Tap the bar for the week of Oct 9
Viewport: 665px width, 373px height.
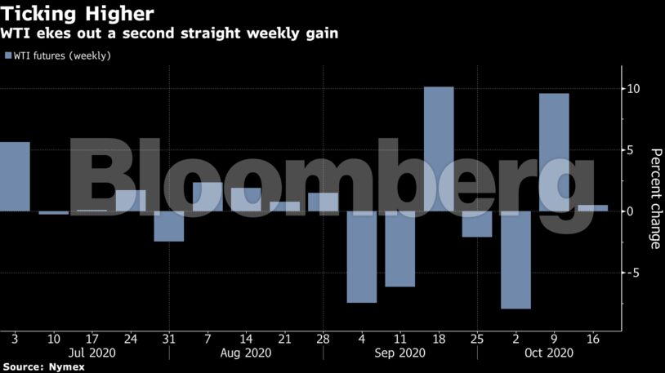pos(554,152)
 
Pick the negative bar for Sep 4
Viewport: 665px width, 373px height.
pos(362,256)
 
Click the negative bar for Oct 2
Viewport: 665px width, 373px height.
pos(515,260)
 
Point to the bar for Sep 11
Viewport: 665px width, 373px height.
pos(400,249)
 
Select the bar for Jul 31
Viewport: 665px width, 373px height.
pos(169,226)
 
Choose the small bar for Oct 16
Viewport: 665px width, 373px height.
pos(592,208)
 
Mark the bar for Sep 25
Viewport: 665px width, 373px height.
pos(477,224)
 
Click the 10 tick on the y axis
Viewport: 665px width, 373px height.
pos(633,88)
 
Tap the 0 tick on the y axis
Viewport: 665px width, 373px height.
pos(631,211)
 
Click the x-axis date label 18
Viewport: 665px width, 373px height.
pos(439,338)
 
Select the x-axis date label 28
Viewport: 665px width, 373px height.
pos(324,338)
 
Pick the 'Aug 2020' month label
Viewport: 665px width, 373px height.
pos(246,353)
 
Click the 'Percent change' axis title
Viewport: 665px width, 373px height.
pos(654,211)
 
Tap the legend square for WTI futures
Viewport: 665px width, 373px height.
pos(8,56)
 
